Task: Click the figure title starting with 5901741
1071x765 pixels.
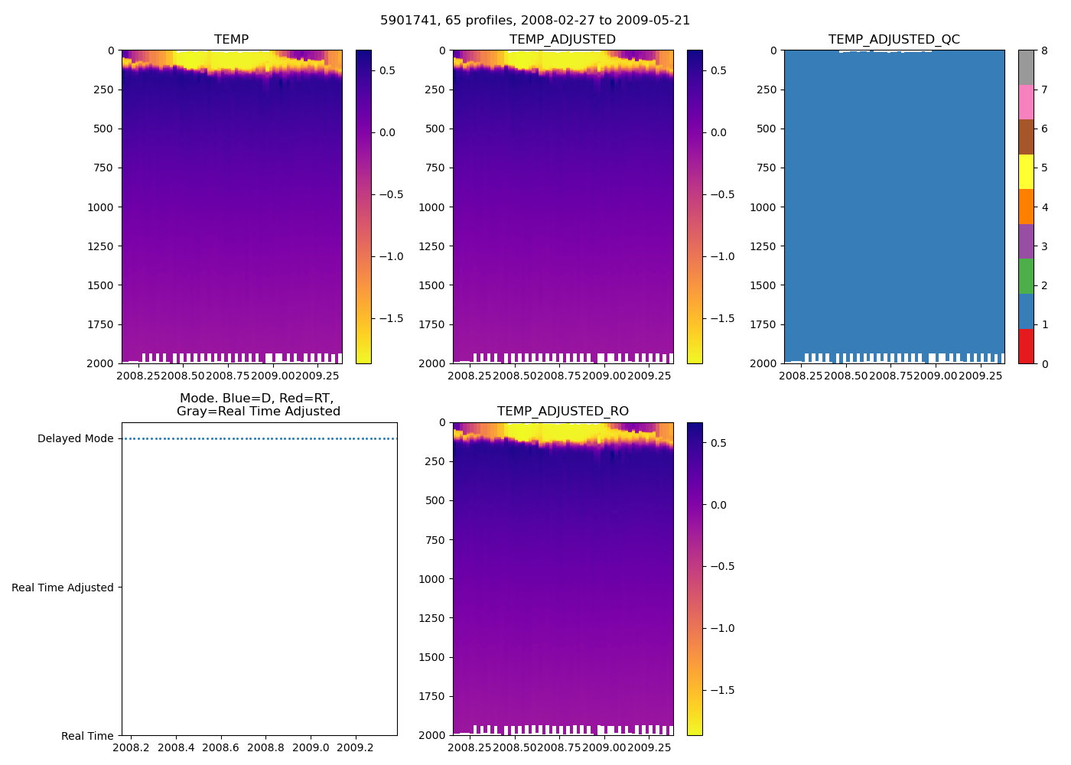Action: tap(535, 21)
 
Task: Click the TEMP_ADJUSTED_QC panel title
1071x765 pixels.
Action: tap(894, 40)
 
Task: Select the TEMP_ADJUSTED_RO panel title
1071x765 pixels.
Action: tap(562, 412)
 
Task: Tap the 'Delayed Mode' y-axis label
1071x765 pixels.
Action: tap(75, 438)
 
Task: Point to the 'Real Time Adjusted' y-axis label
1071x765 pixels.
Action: tap(63, 588)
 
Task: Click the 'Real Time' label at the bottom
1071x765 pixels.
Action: tap(87, 736)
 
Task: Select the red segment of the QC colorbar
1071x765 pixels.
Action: tap(1026, 346)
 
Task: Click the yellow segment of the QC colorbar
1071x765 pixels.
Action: tap(1026, 171)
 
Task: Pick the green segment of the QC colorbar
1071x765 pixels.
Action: tap(1026, 276)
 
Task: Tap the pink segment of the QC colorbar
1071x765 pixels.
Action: tap(1026, 102)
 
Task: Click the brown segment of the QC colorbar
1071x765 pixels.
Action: tap(1026, 137)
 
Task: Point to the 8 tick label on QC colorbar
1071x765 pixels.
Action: tap(1044, 50)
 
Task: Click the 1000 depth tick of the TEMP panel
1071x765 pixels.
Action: tap(100, 207)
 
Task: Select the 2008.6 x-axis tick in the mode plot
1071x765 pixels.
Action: tap(221, 747)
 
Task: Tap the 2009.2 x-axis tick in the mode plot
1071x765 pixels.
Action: tap(355, 747)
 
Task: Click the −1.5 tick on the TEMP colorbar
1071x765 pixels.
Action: tap(391, 318)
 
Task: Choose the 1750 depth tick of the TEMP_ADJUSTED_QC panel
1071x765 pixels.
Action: tap(763, 324)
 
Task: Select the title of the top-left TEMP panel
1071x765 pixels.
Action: tap(231, 40)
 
